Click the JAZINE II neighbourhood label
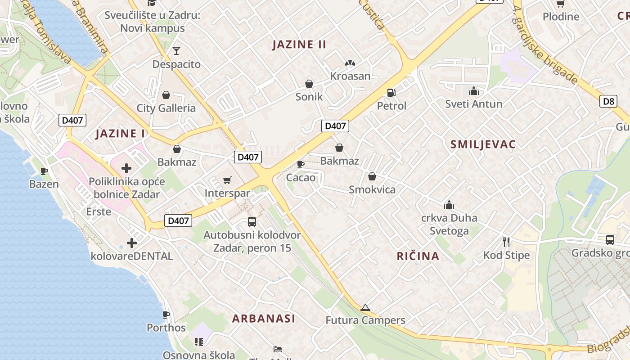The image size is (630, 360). (x=299, y=45)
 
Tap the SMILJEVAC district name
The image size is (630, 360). (x=483, y=144)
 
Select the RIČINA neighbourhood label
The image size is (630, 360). (x=418, y=256)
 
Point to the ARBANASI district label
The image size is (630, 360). (x=264, y=319)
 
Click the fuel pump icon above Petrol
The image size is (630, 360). (x=391, y=93)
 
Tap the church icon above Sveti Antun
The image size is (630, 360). (x=473, y=91)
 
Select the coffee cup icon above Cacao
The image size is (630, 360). (x=301, y=164)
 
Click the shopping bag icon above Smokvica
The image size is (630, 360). (x=372, y=176)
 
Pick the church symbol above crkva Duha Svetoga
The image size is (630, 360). (x=449, y=205)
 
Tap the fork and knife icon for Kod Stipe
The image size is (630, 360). (x=506, y=242)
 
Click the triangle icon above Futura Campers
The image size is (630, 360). (x=365, y=308)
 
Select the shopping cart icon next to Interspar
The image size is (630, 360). (x=227, y=180)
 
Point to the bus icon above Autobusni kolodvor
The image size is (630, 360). (x=252, y=222)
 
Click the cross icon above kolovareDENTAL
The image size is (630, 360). (x=131, y=243)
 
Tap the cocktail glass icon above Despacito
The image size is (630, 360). (x=176, y=50)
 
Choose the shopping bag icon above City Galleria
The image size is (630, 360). (x=166, y=95)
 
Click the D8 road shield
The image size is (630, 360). (x=608, y=101)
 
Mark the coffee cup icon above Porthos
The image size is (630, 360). (x=166, y=315)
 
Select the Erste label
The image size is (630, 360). (x=99, y=211)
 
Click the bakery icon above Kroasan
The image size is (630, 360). (x=350, y=63)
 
